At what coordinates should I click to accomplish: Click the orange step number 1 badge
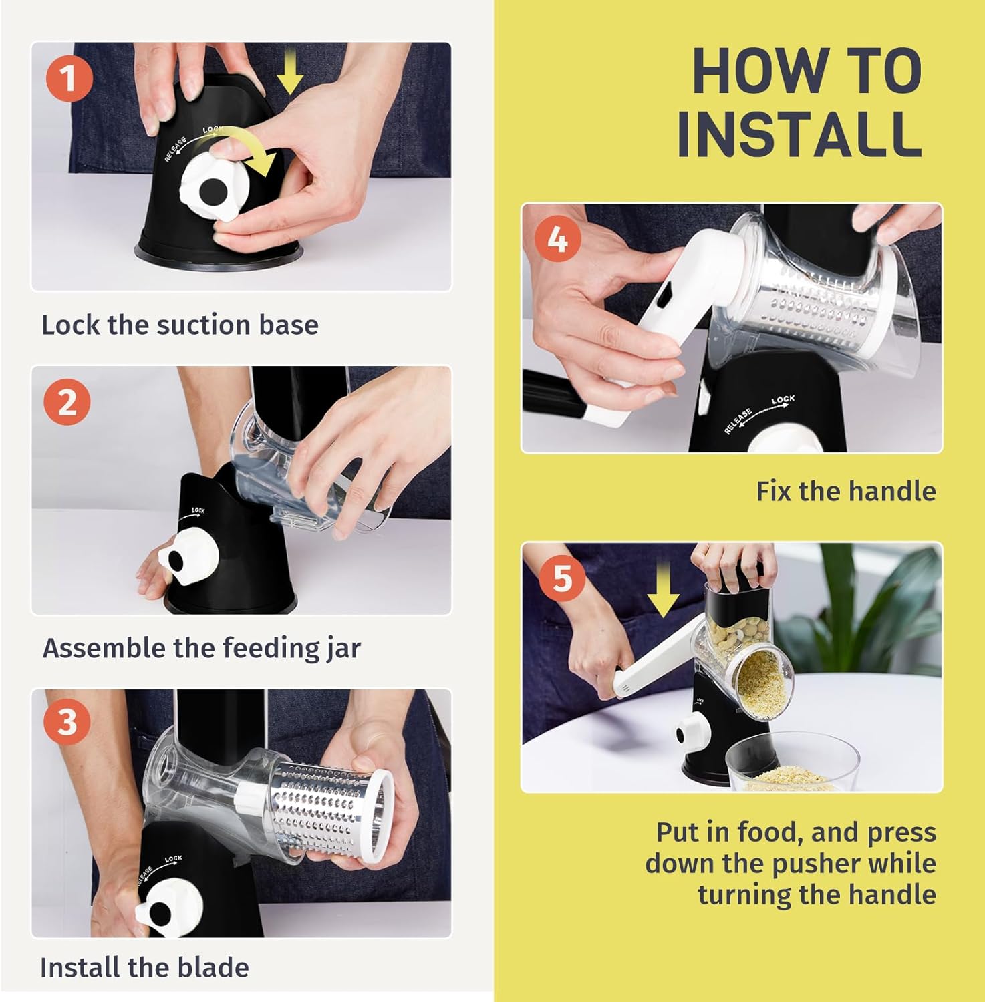69,79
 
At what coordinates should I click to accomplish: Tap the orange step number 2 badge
67,403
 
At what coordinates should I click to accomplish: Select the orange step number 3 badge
67,723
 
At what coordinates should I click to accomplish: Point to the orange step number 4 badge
558,238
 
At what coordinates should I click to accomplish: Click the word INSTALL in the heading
799,133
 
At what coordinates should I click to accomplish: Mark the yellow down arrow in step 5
663,590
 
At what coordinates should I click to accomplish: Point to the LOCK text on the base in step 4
783,400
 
